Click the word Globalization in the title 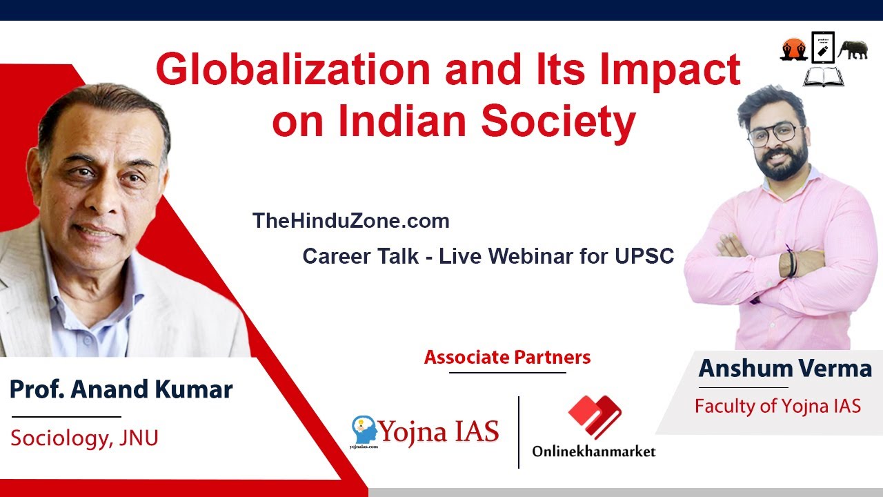[290, 70]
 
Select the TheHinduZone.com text [350, 221]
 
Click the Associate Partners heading [507, 358]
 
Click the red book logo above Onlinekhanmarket [594, 417]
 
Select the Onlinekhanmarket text [593, 451]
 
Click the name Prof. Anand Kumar [121, 389]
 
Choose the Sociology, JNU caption [84, 438]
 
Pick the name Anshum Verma [785, 368]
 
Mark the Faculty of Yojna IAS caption [777, 406]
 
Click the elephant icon [853, 50]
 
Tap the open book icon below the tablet [824, 76]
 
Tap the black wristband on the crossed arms [791, 263]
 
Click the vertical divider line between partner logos [519, 432]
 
